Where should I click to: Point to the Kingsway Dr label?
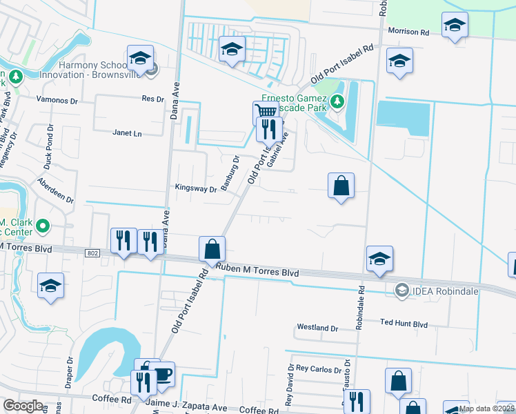[x=196, y=188]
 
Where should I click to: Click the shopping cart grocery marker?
[x=265, y=112]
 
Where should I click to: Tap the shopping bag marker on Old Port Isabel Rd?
[x=212, y=248]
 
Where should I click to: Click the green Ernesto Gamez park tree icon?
[x=337, y=103]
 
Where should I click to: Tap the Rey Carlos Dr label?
[x=318, y=368]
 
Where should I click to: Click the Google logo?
[x=23, y=406]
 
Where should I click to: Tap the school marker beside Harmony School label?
[x=140, y=57]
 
